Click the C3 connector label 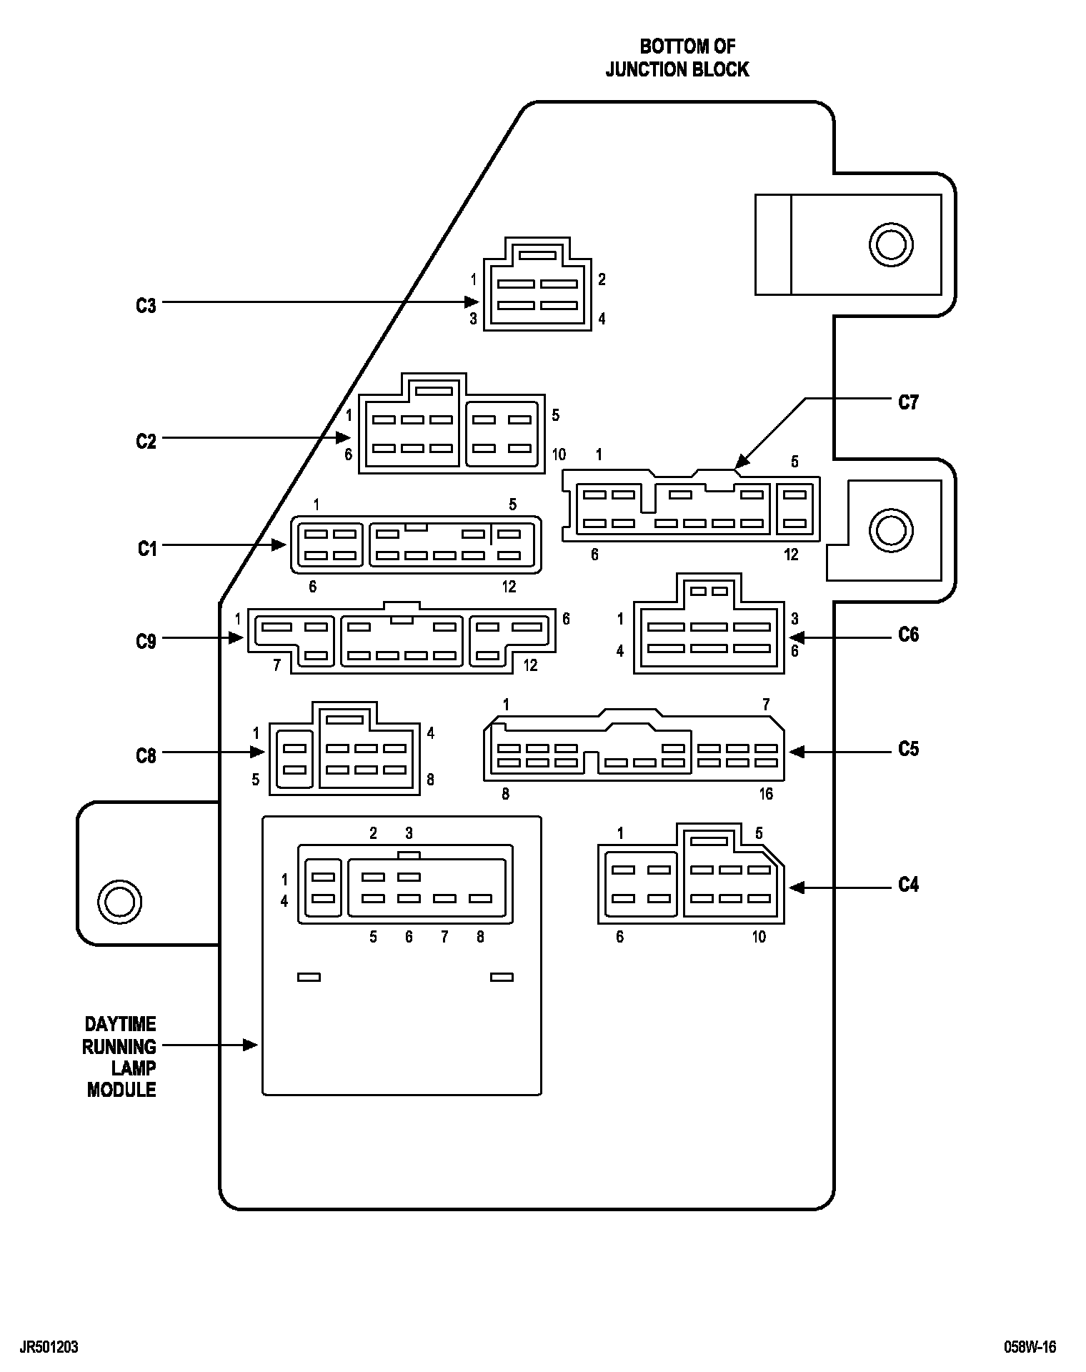pyautogui.click(x=146, y=306)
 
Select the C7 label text pyautogui.click(x=908, y=403)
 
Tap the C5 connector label pyautogui.click(x=908, y=750)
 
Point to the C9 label pyautogui.click(x=146, y=642)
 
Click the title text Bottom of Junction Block pyautogui.click(x=677, y=58)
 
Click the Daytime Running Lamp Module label pyautogui.click(x=120, y=1057)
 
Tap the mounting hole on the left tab pyautogui.click(x=119, y=901)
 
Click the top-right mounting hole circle pyautogui.click(x=890, y=245)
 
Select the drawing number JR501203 pyautogui.click(x=49, y=1348)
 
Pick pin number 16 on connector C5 pyautogui.click(x=766, y=794)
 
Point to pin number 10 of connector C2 pyautogui.click(x=558, y=454)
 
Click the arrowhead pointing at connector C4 pyautogui.click(x=797, y=888)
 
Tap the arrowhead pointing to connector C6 pyautogui.click(x=797, y=635)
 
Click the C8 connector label pyautogui.click(x=146, y=756)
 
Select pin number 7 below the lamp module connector pyautogui.click(x=444, y=937)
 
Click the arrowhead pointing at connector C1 pyautogui.click(x=279, y=545)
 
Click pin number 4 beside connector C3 pyautogui.click(x=602, y=319)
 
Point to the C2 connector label pyautogui.click(x=146, y=442)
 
